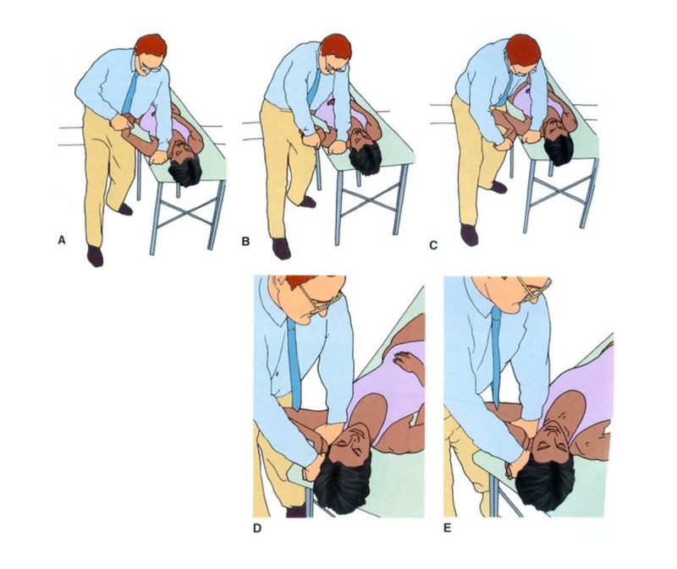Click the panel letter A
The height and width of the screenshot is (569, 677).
[x=61, y=241]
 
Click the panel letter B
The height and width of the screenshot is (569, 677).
[x=245, y=242]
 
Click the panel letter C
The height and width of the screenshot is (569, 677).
[x=433, y=246]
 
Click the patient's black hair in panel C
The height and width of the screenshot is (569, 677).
[x=559, y=151]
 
